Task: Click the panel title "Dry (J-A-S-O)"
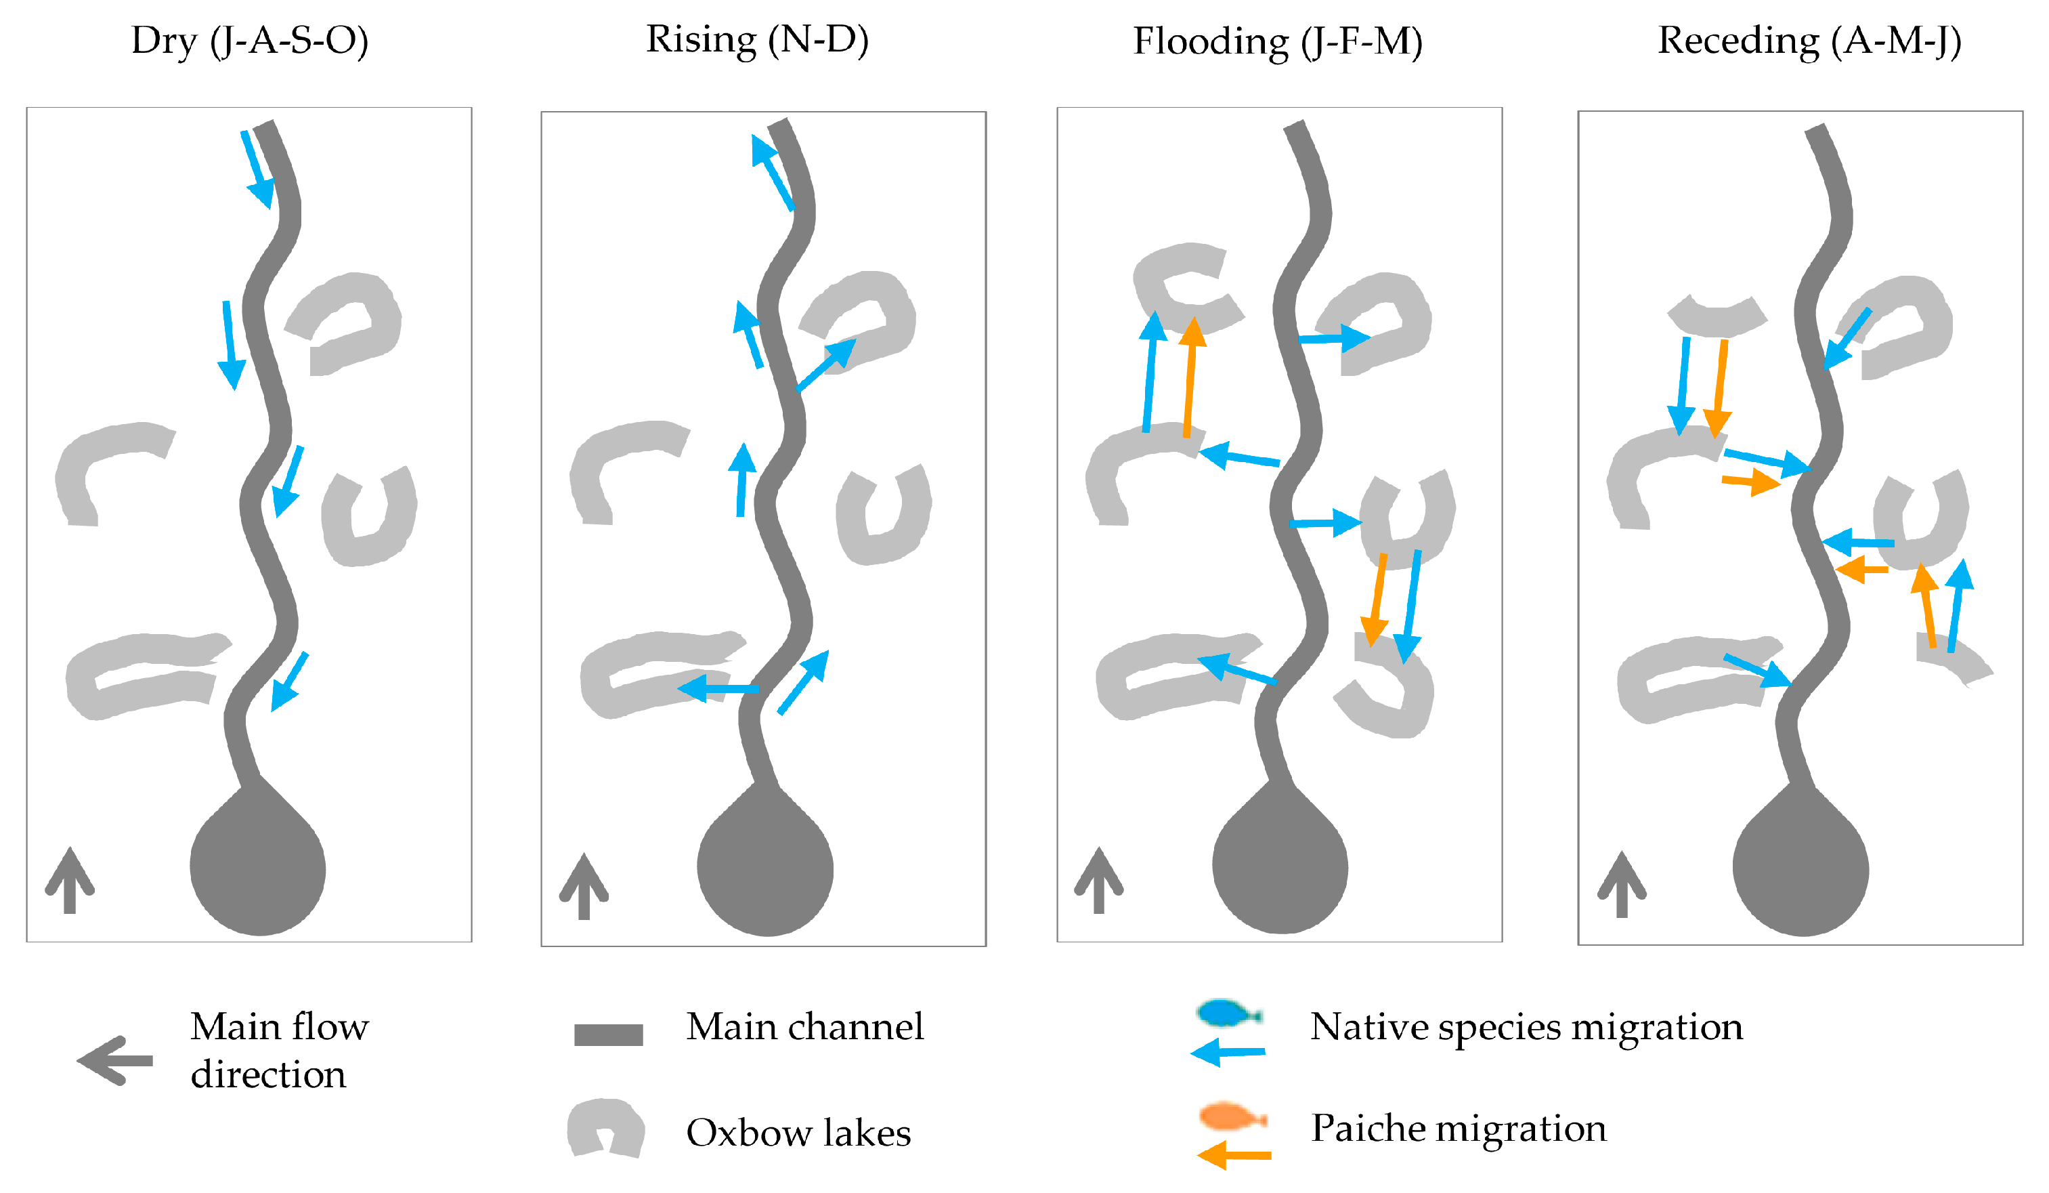250,41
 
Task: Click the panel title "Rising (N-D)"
757,40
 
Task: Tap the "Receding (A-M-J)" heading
1809,41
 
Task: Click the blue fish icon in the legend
1227,1013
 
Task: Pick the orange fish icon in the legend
1232,1116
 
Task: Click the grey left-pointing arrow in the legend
114,1060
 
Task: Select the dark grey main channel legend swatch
608,1034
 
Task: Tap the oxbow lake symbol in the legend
607,1128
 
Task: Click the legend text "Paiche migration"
1459,1129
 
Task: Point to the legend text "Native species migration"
1526,1027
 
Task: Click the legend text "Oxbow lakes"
798,1133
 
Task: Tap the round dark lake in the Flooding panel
1279,868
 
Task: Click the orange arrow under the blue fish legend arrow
1234,1155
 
